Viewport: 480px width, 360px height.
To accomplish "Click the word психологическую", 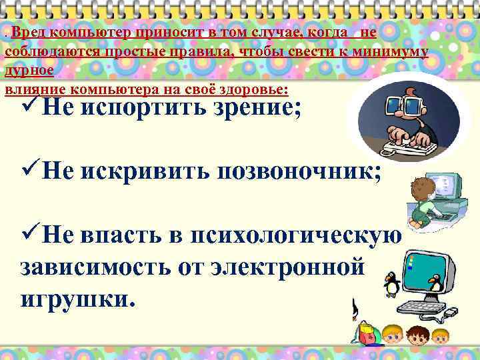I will click(x=296, y=236).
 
